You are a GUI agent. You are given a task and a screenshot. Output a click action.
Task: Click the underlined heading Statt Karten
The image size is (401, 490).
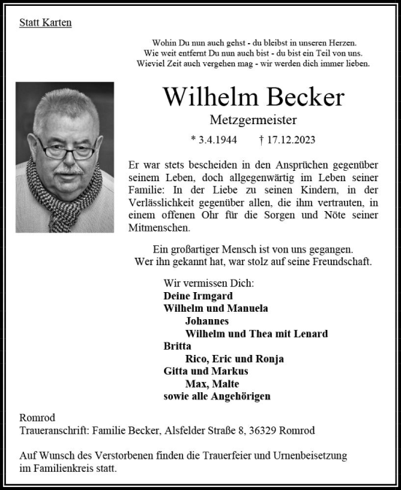tap(45, 23)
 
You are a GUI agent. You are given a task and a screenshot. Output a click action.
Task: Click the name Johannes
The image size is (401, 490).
tap(207, 321)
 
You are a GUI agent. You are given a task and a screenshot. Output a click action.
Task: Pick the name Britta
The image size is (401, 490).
tap(178, 346)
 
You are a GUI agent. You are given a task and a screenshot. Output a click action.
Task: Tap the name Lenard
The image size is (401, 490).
tap(310, 334)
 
